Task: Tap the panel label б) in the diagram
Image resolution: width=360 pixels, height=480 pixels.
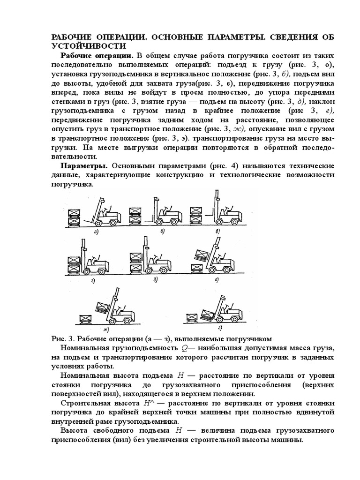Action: point(161,232)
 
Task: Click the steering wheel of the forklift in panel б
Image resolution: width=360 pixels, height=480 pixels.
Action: point(168,206)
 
